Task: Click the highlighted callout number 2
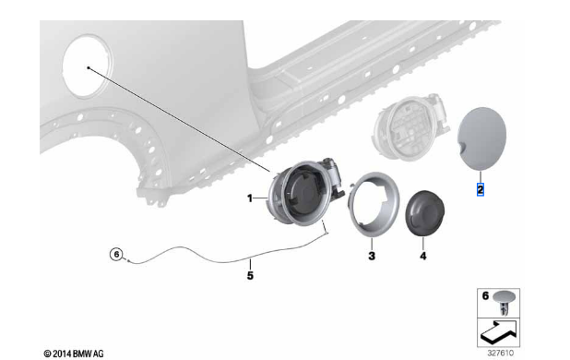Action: pyautogui.click(x=481, y=189)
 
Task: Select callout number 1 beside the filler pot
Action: pyautogui.click(x=250, y=198)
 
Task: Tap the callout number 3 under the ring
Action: pyautogui.click(x=372, y=256)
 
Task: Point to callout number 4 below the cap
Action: pyautogui.click(x=422, y=256)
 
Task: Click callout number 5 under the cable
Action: pyautogui.click(x=250, y=275)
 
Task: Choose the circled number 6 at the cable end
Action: pyautogui.click(x=116, y=254)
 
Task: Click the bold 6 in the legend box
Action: pyautogui.click(x=485, y=295)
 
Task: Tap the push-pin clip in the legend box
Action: pyautogui.click(x=505, y=302)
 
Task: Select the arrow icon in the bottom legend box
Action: pyautogui.click(x=498, y=332)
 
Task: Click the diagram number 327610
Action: pyautogui.click(x=501, y=353)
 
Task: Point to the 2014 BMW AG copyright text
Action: pyautogui.click(x=74, y=354)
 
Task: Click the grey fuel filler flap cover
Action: pyautogui.click(x=481, y=138)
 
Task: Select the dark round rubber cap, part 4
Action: pyautogui.click(x=424, y=212)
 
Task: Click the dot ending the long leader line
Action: pyautogui.click(x=89, y=67)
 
